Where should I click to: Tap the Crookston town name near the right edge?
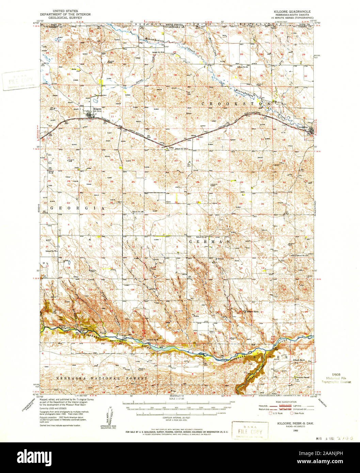click(302, 127)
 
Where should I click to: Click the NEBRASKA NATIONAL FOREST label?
click(102, 378)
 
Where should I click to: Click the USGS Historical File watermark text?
click(336, 378)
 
